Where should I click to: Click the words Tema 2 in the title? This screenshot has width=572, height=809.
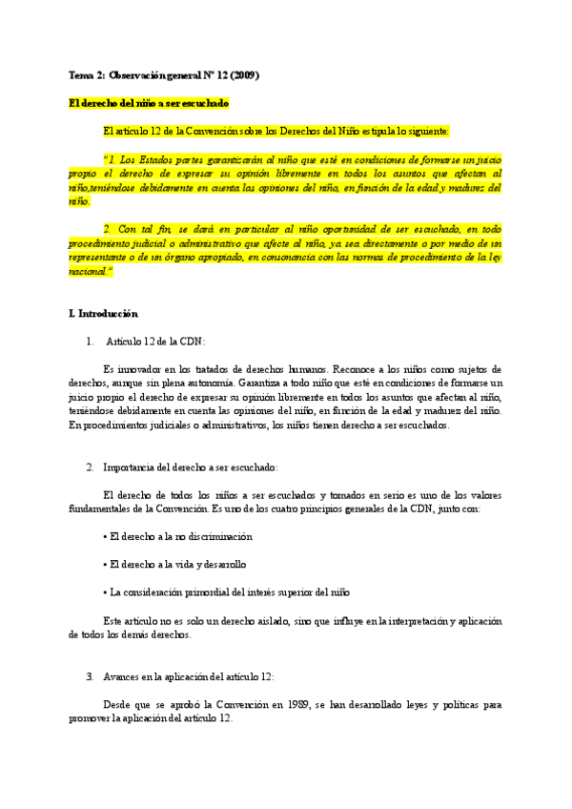[x=86, y=74]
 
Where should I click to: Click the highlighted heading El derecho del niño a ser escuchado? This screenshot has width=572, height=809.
[x=149, y=103]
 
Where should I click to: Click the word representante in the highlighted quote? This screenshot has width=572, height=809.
[x=99, y=258]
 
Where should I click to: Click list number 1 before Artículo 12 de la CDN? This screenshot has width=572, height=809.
[x=90, y=341]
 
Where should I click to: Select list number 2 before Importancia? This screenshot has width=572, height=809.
[x=90, y=467]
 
